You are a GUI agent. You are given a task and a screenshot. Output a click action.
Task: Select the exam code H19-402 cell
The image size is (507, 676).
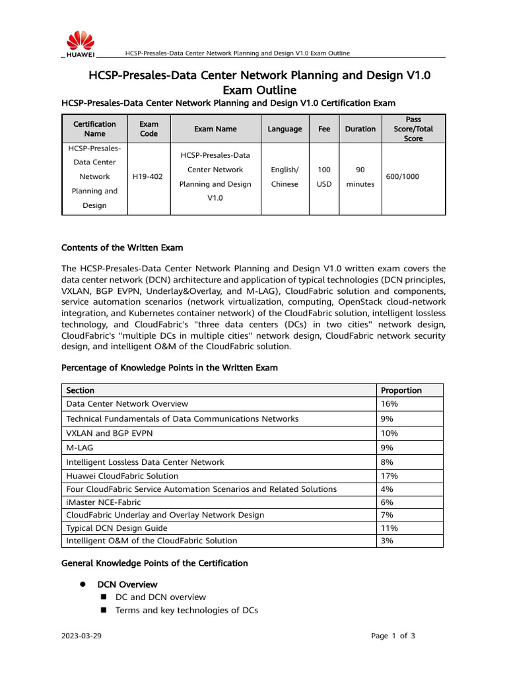point(149,177)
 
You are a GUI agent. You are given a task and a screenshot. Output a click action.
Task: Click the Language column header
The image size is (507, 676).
point(285,129)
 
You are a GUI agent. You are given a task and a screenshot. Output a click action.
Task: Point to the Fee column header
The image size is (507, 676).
point(324,129)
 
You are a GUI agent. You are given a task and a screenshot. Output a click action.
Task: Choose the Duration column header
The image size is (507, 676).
point(360,129)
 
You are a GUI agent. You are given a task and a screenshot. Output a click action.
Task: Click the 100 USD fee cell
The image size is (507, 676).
point(324,177)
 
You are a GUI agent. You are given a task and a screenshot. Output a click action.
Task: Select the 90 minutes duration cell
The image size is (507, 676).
point(360,177)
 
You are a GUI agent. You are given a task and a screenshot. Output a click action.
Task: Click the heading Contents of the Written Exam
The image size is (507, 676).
point(122,248)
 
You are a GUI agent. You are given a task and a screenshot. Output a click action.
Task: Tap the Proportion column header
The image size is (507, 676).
point(401,390)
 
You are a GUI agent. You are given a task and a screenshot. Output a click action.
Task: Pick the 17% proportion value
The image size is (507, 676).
point(389,476)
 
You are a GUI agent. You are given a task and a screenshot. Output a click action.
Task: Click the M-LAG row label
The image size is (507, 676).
point(80,448)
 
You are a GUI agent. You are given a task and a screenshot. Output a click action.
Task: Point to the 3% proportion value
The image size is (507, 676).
point(387,541)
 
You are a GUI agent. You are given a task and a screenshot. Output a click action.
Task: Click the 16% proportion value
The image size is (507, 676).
point(389,403)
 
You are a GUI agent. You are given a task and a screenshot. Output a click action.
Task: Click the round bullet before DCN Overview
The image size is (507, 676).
point(84,584)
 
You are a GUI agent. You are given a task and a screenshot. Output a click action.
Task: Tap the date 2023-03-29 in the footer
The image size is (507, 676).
point(81,636)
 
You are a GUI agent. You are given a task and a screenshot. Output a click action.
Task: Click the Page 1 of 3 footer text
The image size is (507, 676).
point(393,636)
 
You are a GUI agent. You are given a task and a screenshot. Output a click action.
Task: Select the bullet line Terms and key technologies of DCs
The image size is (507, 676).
point(186,610)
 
